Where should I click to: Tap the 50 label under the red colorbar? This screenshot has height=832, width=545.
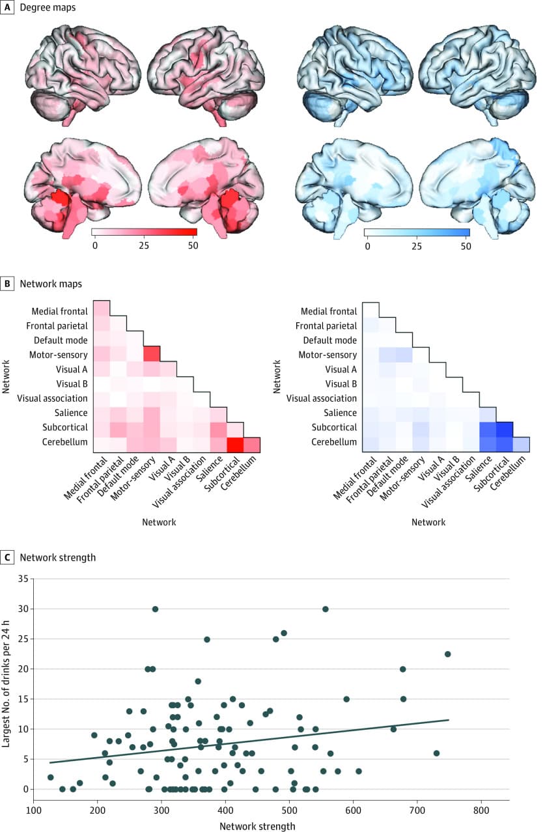pyautogui.click(x=192, y=245)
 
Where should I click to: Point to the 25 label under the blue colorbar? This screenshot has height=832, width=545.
pyautogui.click(x=416, y=245)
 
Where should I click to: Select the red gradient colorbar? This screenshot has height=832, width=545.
pyautogui.click(x=145, y=231)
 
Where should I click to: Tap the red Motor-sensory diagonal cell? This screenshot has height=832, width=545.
pyautogui.click(x=151, y=354)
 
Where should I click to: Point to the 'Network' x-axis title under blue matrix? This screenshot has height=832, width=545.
pyautogui.click(x=429, y=521)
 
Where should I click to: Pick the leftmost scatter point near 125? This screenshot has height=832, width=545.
pyautogui.click(x=50, y=777)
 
